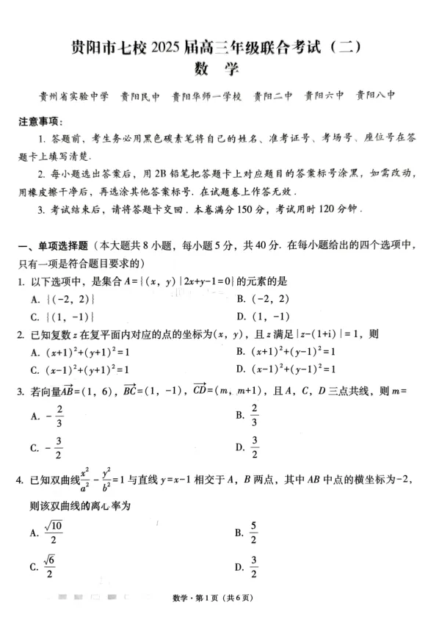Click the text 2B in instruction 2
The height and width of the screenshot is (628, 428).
coord(152,174)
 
